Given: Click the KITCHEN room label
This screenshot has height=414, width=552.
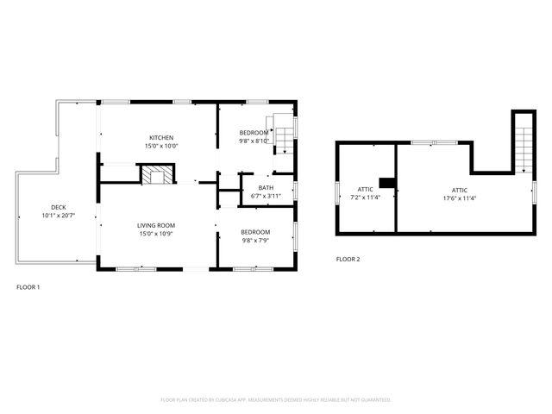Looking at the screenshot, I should (161, 138).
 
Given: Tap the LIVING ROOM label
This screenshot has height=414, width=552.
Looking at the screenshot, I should (156, 225).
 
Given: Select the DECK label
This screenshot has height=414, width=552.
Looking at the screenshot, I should (58, 207).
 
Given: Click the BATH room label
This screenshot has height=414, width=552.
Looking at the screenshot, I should (266, 188).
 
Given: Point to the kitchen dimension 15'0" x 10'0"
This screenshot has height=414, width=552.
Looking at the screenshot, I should (161, 147).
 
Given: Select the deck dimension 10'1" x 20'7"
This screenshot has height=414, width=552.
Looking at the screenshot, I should (58, 215).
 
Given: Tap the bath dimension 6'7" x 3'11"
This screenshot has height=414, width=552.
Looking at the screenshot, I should (266, 196).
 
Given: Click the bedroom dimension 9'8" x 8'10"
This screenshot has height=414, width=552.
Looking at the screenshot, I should (254, 141).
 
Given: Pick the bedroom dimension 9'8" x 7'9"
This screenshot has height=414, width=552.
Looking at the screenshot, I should (254, 240).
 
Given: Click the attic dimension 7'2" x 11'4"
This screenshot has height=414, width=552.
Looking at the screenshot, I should (366, 197).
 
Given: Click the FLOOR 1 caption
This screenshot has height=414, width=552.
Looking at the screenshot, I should (28, 286).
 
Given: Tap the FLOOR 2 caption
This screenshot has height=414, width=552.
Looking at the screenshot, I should (348, 259).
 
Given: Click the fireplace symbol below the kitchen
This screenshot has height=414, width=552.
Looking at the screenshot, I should (157, 176).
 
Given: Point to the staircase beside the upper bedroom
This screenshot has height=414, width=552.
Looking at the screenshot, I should (282, 134).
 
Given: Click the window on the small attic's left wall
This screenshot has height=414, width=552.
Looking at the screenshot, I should (336, 191).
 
